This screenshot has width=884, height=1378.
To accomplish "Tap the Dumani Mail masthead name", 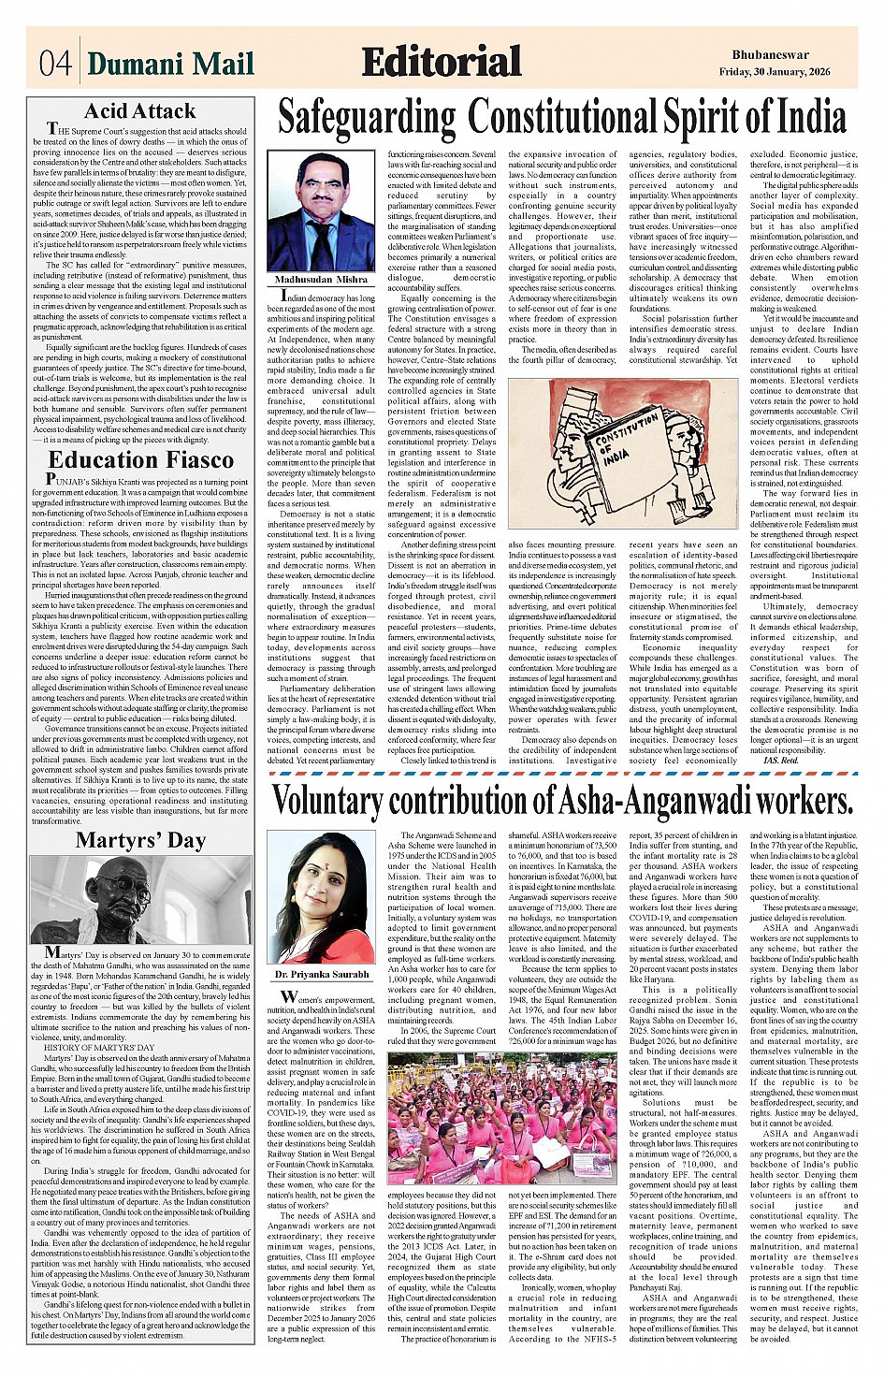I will [170, 64].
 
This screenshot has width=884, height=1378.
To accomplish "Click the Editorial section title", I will [441, 62].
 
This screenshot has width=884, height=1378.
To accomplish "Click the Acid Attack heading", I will [140, 111].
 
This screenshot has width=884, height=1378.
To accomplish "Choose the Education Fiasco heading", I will [140, 459].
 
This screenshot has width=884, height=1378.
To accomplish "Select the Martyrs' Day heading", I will [140, 839].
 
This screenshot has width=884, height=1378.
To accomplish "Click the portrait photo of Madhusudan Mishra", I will [321, 212].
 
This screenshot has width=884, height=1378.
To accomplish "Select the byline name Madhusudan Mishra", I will [321, 280].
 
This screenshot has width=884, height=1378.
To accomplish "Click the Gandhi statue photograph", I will [140, 899].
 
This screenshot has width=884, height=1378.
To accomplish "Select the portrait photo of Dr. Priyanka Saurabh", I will [321, 897].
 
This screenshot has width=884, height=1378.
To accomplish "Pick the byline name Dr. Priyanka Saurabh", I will [321, 975].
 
